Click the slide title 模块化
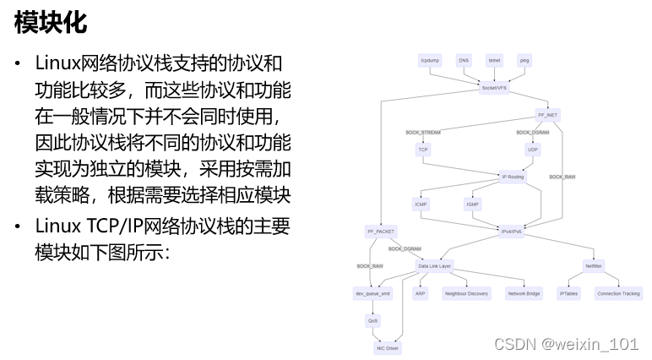pos(51,23)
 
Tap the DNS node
pos(464,61)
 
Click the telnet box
pos(494,61)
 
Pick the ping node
pos(524,61)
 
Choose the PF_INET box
pos(547,114)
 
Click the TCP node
pos(423,150)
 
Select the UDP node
pos(533,150)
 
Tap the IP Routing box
pos(513,177)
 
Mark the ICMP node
pos(421,204)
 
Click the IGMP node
pos(473,204)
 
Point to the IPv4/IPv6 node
pos(513,231)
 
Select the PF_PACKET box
pos(381,231)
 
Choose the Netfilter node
pos(593,266)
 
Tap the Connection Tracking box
pos(619,293)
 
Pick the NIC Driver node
pos(387,347)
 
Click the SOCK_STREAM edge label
pos(422,133)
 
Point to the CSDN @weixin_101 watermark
pos(566,344)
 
